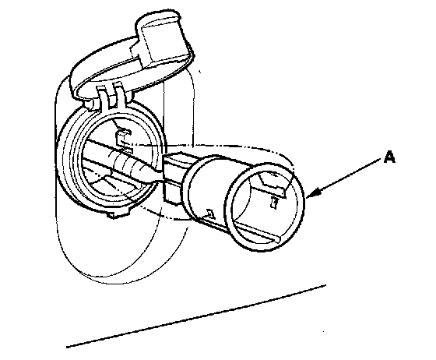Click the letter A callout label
coord(389,157)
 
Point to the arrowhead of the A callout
coord(313,193)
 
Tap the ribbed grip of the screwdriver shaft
coord(127,164)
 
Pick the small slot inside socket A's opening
coord(274,203)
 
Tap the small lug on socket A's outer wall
coord(210,214)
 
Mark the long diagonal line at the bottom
coord(196,316)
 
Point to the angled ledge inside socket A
coord(271,184)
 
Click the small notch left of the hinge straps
coord(88,105)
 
